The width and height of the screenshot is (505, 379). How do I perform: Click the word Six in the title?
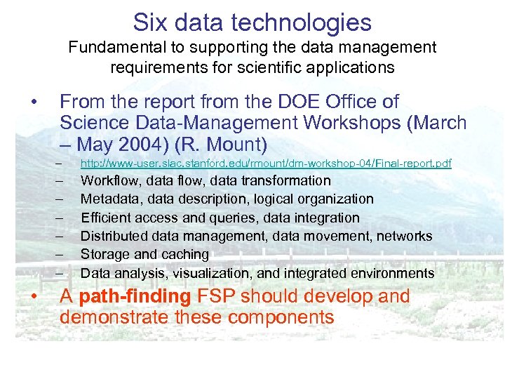pos(149,22)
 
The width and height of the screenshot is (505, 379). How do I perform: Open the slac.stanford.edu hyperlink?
pos(266,164)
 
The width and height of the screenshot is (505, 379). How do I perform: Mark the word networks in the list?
pos(404,236)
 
